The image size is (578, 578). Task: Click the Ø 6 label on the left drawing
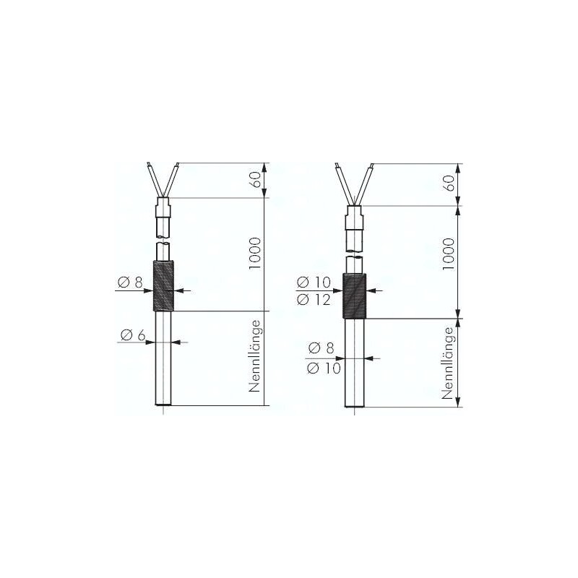point(133,335)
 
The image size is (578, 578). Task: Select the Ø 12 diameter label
point(314,300)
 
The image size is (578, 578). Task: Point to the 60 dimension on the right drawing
point(449,184)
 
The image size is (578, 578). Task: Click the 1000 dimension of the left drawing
point(255,254)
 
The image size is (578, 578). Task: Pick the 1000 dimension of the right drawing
point(449,254)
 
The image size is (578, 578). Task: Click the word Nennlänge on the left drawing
point(255,356)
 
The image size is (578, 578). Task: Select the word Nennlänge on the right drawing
point(448,363)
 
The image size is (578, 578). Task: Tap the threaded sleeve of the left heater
point(163,285)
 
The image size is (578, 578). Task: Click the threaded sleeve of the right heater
point(355,296)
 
